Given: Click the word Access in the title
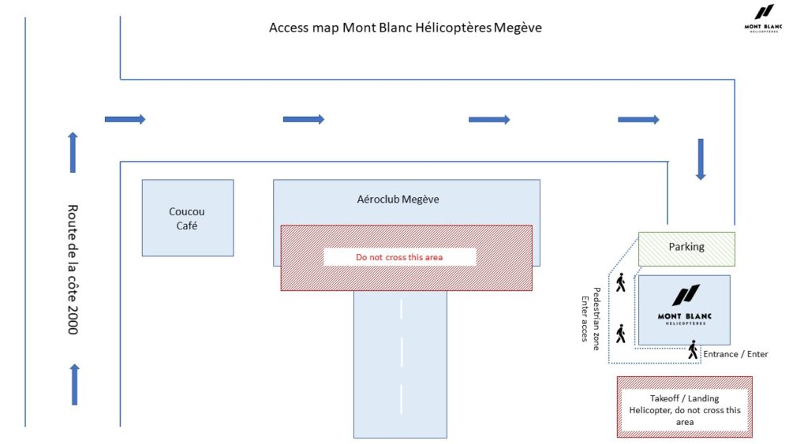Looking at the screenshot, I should coord(288,28).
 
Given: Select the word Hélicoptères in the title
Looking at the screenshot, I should coord(452,28).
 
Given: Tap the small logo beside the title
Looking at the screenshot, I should coord(763,17).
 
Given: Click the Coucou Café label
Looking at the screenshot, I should coord(187,218).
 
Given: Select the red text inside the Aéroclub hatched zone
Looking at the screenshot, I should coord(399,257).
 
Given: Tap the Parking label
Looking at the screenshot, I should coord(686,247).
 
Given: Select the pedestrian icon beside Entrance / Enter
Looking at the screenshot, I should coord(693,350).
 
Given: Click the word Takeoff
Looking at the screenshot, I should coord(666,398).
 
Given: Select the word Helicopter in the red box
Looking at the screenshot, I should coord(655,410).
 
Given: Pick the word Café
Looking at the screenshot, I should coord(187,226).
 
